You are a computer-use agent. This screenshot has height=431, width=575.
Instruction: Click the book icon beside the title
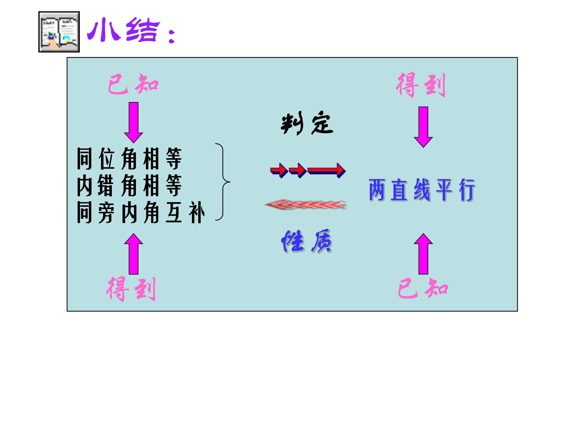pyautogui.click(x=59, y=32)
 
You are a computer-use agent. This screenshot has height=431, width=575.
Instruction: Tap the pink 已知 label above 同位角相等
pyautogui.click(x=133, y=84)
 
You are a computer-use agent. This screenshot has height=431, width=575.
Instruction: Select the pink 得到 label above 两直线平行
pyautogui.click(x=421, y=85)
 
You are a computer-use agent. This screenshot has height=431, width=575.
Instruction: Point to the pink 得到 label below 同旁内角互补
pyautogui.click(x=131, y=289)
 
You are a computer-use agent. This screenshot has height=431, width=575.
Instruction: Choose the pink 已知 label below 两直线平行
pyautogui.click(x=423, y=288)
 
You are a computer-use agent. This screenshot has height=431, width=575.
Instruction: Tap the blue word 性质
pyautogui.click(x=306, y=241)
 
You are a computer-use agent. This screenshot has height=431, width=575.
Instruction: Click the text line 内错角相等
pyautogui.click(x=129, y=185)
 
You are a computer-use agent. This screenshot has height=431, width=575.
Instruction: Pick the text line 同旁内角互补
pyautogui.click(x=141, y=212)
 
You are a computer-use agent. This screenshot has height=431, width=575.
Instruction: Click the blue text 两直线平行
pyautogui.click(x=422, y=190)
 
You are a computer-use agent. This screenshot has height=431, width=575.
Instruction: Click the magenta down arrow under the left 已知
pyautogui.click(x=133, y=122)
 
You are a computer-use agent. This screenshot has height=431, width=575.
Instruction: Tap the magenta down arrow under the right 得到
pyautogui.click(x=423, y=127)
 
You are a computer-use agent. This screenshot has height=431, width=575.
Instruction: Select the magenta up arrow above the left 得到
pyautogui.click(x=133, y=254)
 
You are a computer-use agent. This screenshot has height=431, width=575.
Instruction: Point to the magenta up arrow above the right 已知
pyautogui.click(x=423, y=254)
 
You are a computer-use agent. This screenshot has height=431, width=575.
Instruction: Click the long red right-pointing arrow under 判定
pyautogui.click(x=327, y=170)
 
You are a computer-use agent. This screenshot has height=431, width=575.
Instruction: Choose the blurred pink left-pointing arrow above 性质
pyautogui.click(x=306, y=205)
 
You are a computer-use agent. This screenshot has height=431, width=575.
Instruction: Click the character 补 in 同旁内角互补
pyautogui.click(x=197, y=212)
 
